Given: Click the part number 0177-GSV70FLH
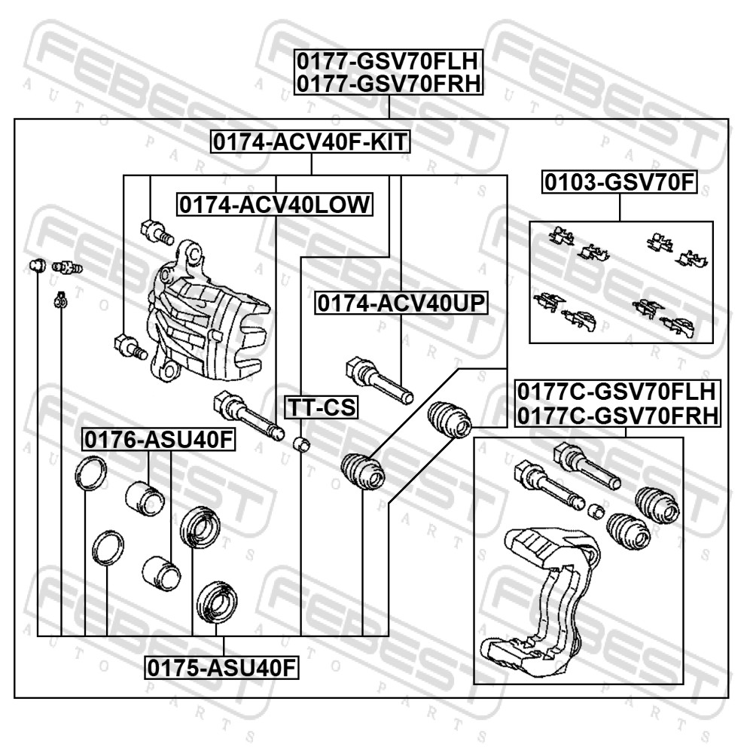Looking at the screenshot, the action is (x=388, y=62).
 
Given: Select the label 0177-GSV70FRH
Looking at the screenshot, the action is (x=389, y=84).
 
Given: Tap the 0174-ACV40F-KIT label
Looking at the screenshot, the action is (x=310, y=142).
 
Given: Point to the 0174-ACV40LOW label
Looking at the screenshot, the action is (x=275, y=205).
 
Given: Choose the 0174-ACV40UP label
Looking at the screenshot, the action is (x=401, y=303).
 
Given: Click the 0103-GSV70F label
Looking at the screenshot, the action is (x=620, y=182).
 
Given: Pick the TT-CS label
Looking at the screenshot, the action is (x=322, y=407).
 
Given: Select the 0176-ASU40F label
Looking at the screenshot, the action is (x=158, y=439).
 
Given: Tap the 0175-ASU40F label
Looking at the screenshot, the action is (x=222, y=667).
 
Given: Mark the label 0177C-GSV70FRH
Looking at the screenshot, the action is (x=617, y=416).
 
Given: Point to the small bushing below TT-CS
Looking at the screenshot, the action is (x=302, y=444).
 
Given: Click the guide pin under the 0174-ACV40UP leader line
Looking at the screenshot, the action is (x=380, y=380).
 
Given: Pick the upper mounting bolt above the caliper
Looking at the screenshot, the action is (x=157, y=232).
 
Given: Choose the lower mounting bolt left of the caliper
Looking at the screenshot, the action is (x=130, y=346).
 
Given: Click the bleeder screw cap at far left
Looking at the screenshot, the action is (x=38, y=264).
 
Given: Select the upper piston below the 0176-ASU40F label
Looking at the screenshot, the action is (x=145, y=498).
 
